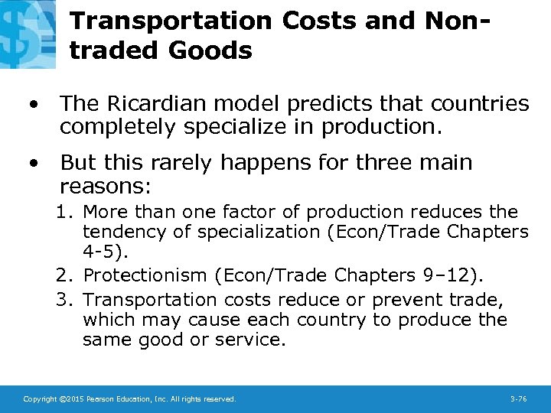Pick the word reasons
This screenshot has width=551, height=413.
point(105,186)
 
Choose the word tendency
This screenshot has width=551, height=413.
point(121,232)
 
